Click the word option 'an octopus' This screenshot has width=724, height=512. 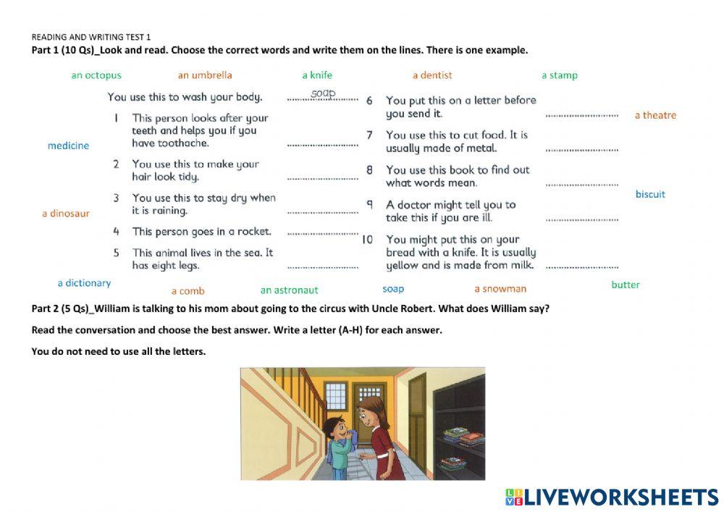click(x=96, y=75)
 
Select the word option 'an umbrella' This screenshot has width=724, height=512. click(x=205, y=75)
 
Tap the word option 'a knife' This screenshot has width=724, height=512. click(x=317, y=75)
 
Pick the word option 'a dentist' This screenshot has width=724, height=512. click(x=432, y=75)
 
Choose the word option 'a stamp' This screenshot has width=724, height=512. click(x=560, y=75)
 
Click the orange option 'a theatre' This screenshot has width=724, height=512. click(x=655, y=115)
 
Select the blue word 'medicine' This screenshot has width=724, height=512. click(x=68, y=146)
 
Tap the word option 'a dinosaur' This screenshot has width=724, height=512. click(x=66, y=214)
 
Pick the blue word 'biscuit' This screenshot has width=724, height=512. click(x=650, y=194)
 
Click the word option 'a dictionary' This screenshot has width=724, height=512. click(x=84, y=283)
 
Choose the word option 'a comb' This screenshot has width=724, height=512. click(x=188, y=291)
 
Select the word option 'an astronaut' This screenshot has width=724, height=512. click(x=289, y=290)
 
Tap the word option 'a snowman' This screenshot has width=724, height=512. click(x=500, y=289)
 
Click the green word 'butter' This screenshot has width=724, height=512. click(x=626, y=285)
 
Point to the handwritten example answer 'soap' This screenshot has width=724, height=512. click(x=323, y=93)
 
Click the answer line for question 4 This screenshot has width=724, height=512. click(x=323, y=233)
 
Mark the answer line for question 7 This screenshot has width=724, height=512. click(x=581, y=149)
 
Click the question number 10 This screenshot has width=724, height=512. click(x=367, y=240)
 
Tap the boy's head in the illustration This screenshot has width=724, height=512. click(x=334, y=424)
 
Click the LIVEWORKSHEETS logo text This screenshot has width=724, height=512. click(x=621, y=497)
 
